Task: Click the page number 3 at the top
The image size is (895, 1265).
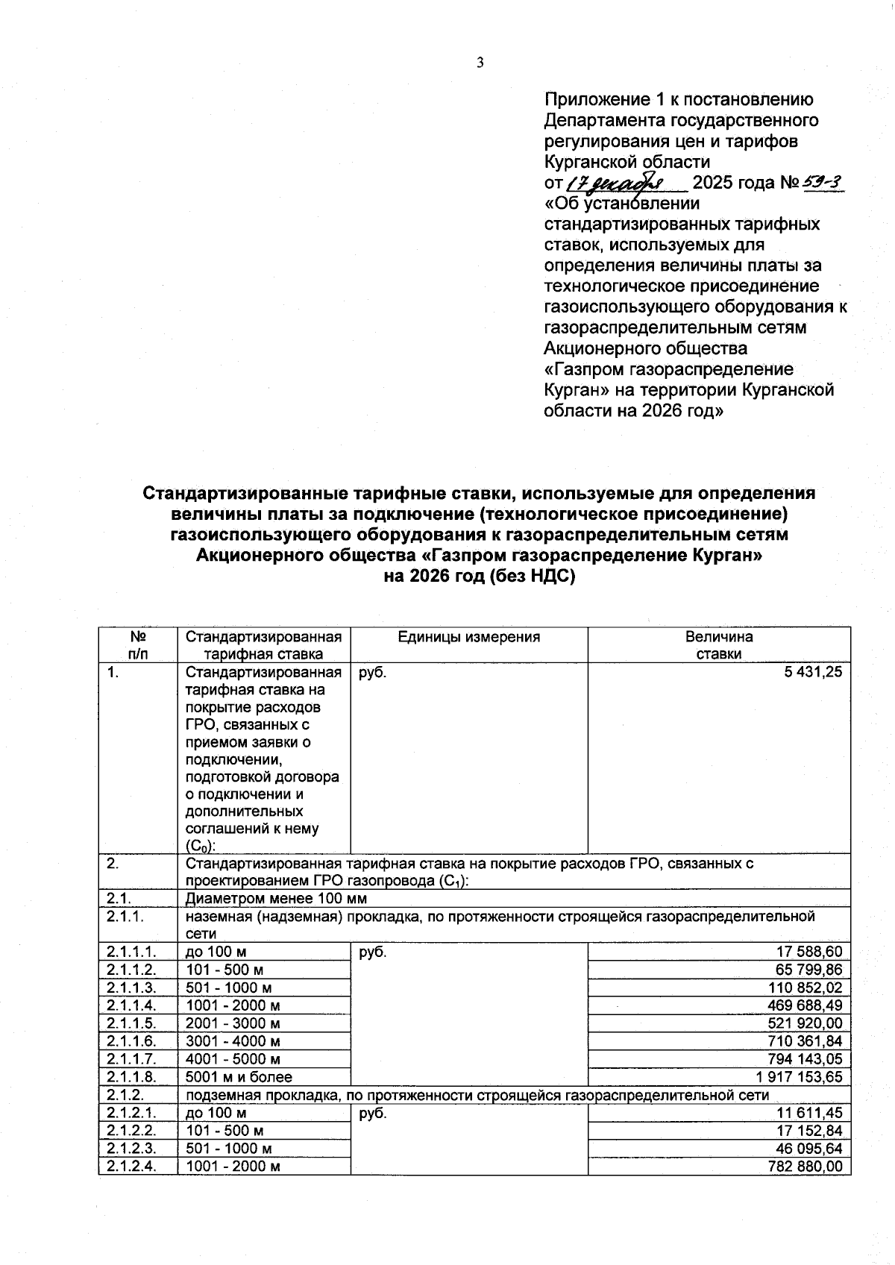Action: click(x=480, y=63)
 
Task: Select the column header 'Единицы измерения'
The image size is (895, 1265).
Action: click(x=468, y=637)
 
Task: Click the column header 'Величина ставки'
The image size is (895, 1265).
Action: click(x=719, y=645)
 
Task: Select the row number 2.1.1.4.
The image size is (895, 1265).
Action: click(x=131, y=1005)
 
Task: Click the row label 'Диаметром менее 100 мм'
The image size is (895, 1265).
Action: click(x=276, y=899)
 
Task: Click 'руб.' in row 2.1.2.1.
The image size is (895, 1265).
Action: click(x=373, y=1113)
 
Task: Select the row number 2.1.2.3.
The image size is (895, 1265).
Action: click(x=131, y=1149)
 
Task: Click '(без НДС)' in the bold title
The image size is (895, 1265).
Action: click(x=533, y=577)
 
